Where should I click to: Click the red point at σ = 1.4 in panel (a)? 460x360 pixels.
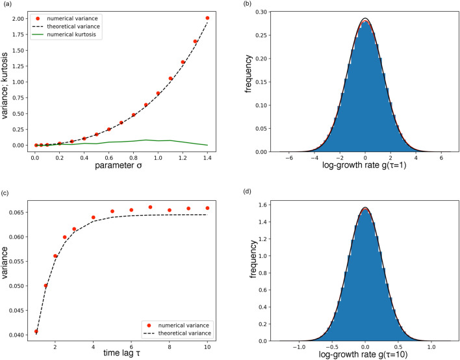click(207, 18)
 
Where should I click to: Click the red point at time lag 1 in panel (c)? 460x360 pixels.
click(36, 331)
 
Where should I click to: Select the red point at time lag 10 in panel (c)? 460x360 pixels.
click(207, 208)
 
